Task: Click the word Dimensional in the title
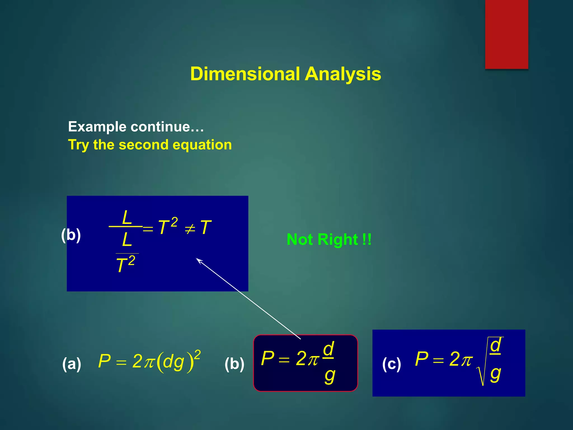tap(245, 74)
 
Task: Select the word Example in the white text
tap(97, 127)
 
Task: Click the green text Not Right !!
tap(329, 239)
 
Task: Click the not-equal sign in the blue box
tap(190, 229)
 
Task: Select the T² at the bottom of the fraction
tap(125, 264)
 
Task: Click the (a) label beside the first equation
tap(72, 364)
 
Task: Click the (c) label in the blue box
tap(391, 364)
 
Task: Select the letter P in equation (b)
tap(267, 358)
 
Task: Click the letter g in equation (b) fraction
tap(330, 376)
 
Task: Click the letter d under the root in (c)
tap(495, 345)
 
